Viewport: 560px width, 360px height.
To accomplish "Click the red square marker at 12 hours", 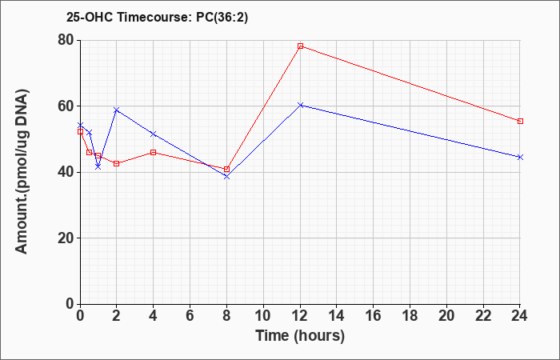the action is (x=300, y=46).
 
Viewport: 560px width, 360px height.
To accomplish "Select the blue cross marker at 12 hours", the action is (x=300, y=105).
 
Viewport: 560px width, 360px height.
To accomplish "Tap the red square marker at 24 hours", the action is (x=520, y=121).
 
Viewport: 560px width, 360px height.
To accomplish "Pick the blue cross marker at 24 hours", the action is (x=520, y=157).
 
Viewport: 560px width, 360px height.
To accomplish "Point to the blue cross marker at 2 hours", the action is (x=117, y=110).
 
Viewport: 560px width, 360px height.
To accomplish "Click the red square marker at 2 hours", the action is (x=117, y=163).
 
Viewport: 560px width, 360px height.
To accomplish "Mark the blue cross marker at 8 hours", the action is (x=226, y=177).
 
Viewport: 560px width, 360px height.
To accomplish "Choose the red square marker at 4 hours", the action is (x=154, y=153).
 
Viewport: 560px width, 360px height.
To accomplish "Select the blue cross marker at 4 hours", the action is (x=154, y=134).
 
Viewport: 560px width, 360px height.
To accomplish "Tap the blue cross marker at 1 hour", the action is (x=98, y=166).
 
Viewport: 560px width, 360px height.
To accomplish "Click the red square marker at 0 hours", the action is (x=80, y=131).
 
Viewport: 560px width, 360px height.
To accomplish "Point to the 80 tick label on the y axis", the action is (x=66, y=40).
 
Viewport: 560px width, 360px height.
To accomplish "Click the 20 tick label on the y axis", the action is (x=66, y=238).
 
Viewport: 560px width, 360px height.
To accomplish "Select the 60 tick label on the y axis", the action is (x=66, y=106).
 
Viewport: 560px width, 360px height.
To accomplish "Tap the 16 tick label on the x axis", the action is (x=374, y=316).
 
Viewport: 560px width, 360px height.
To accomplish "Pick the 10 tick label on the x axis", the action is (x=263, y=316).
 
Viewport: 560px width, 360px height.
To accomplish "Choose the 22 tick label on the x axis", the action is (x=483, y=316).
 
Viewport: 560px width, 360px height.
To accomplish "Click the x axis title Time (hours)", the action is (x=300, y=336).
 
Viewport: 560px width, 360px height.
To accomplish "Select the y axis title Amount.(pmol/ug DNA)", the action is (x=22, y=172).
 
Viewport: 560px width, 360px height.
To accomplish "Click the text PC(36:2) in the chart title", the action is (x=222, y=17).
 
